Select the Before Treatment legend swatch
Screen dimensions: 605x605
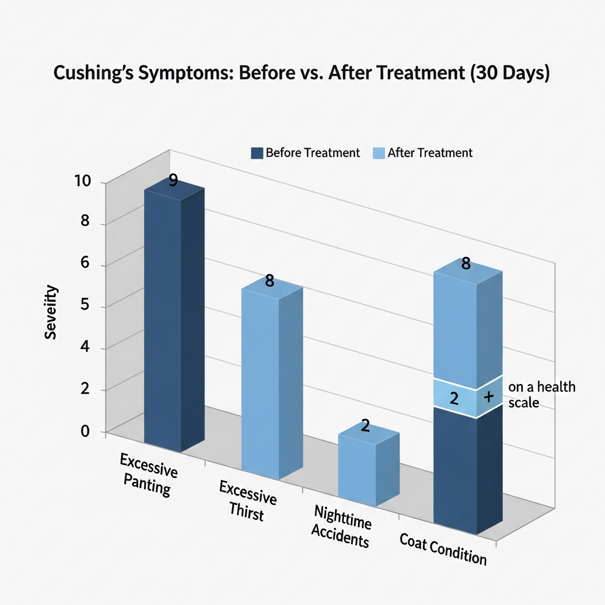pos(256,153)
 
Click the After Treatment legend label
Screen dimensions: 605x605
pos(430,153)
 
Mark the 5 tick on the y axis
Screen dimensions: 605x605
pos(85,306)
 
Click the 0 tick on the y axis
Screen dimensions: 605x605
pos(85,431)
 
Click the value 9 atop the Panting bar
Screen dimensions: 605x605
pos(173,181)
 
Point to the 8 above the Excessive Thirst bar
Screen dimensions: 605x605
pos(269,281)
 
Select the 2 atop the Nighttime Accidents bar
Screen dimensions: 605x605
pos(365,425)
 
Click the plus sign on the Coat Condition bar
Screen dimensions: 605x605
pos(489,397)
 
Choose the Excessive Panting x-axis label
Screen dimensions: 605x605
pos(148,473)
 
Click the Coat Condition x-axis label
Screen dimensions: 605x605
pos(443,548)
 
